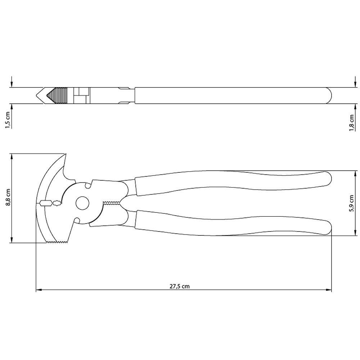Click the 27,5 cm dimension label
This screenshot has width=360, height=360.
(x=180, y=286)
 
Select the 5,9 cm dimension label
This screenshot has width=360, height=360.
(x=351, y=203)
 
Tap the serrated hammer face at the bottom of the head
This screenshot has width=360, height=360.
(x=58, y=242)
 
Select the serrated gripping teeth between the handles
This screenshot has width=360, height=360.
(x=112, y=203)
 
